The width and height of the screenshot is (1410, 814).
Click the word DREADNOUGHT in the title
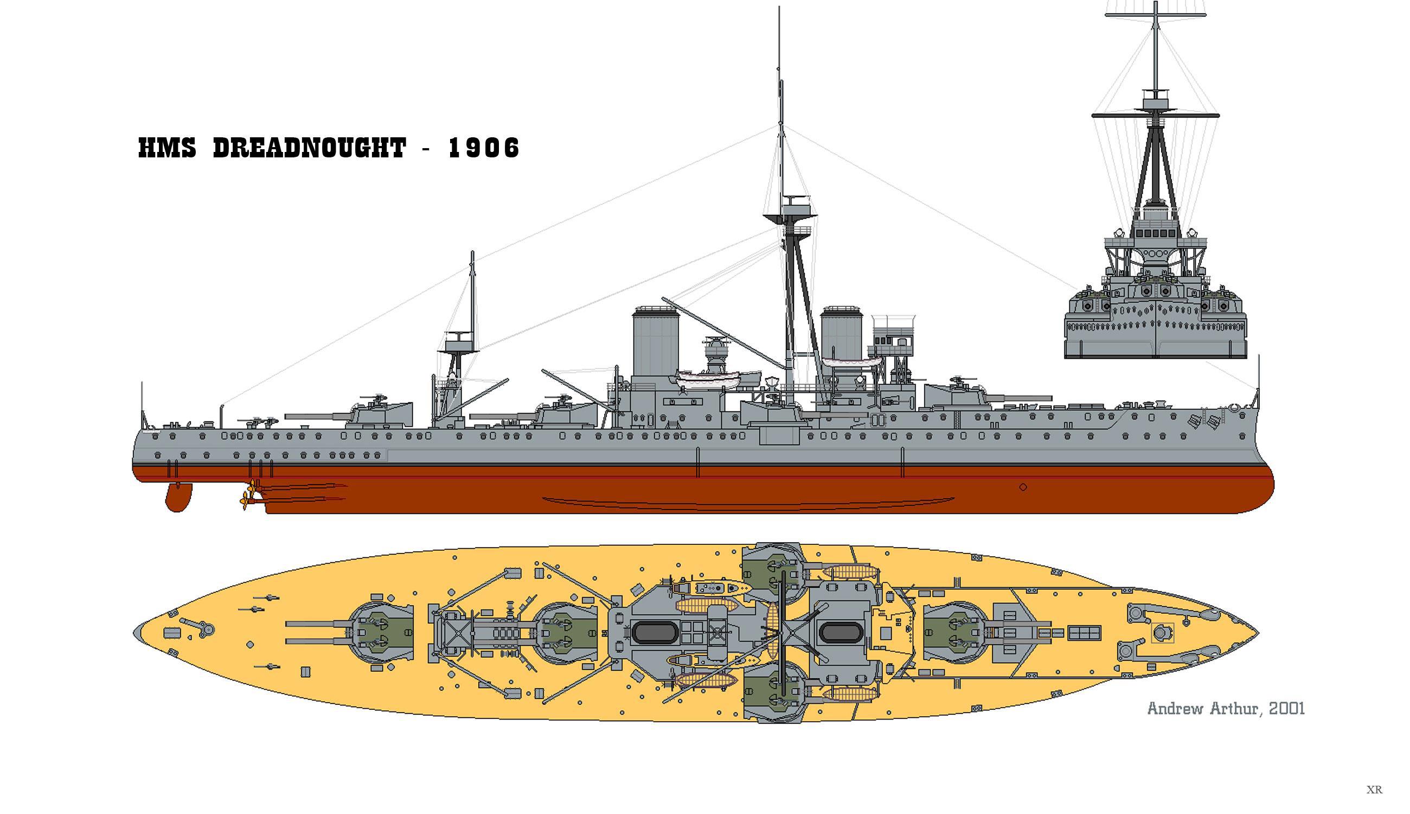coord(309,148)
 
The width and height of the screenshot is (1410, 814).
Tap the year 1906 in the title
coord(484,148)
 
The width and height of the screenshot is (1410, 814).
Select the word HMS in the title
coord(167,148)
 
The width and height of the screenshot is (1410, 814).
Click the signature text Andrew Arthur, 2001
coord(1226,709)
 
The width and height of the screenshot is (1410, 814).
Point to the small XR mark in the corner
coord(1374,790)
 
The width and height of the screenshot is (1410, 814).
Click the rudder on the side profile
coord(178,497)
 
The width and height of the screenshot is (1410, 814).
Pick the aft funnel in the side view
coord(655,341)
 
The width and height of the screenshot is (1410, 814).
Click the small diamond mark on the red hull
coord(1023,487)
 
